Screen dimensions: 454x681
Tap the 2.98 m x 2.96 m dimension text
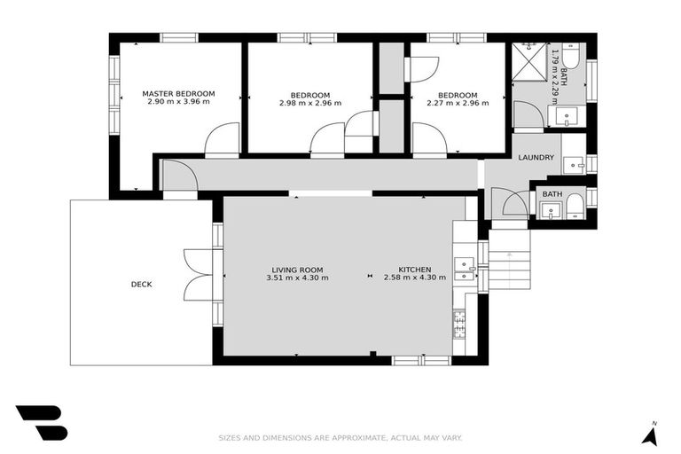(x=309, y=103)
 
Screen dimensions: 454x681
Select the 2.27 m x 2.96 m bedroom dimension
(x=458, y=103)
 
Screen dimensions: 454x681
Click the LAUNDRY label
(x=536, y=158)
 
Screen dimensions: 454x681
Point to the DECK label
(x=141, y=285)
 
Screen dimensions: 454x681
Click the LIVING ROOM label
(x=297, y=270)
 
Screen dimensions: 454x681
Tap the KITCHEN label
(x=414, y=270)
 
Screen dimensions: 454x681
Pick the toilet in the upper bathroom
(x=571, y=59)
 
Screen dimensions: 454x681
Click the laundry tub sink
(x=574, y=165)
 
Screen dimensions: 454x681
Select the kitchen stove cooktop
(x=460, y=325)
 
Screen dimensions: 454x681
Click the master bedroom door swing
(x=221, y=140)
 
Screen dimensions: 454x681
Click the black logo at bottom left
(x=41, y=422)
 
